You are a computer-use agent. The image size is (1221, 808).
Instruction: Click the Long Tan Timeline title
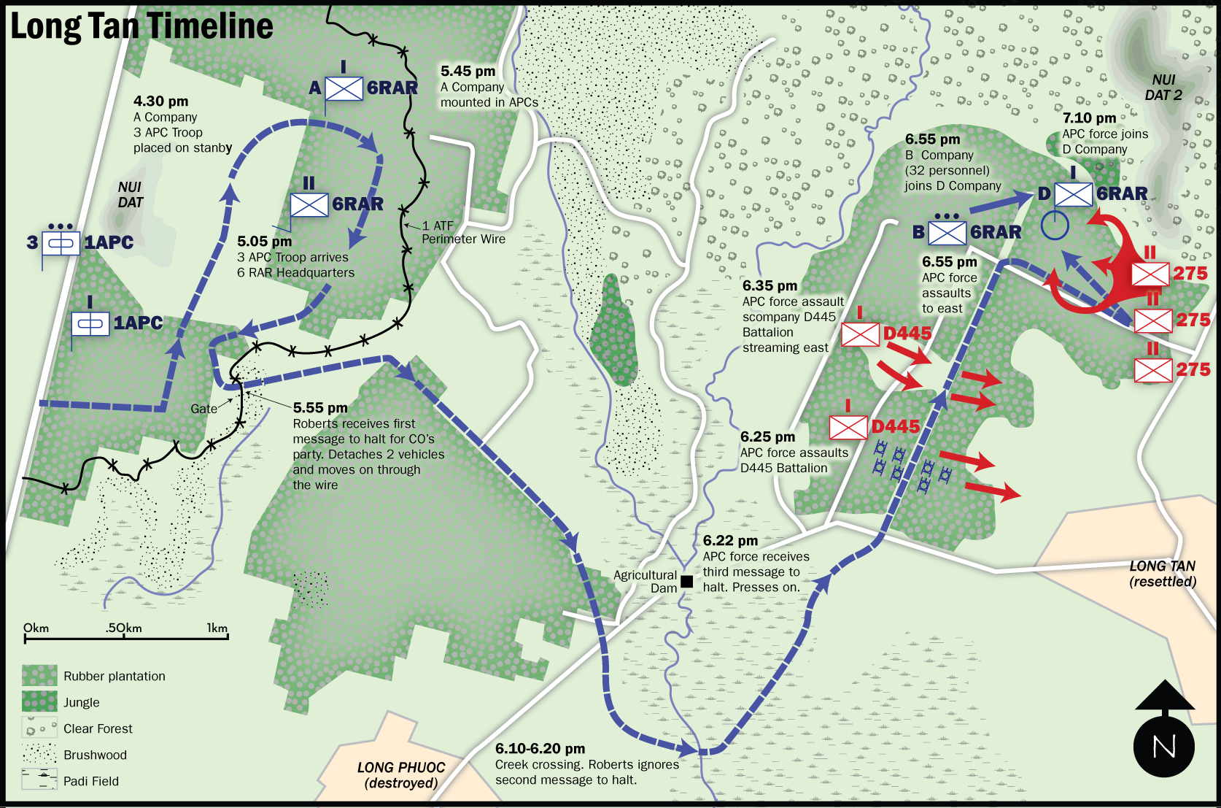(x=142, y=26)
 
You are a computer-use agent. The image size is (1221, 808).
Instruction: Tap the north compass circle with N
(x=1164, y=747)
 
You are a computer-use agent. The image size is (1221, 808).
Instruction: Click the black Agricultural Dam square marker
(x=686, y=582)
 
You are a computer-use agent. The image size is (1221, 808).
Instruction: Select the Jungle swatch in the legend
(x=39, y=702)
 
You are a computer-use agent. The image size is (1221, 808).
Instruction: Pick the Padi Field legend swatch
(x=39, y=780)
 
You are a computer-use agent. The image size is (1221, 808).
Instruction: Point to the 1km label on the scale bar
(x=217, y=628)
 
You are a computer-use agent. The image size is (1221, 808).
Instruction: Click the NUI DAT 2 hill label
(x=1163, y=88)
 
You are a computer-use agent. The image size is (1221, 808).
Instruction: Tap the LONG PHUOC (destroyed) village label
(x=401, y=775)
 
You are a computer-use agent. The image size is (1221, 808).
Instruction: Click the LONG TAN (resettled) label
(x=1163, y=574)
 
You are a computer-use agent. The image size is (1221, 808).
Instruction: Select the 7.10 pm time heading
(x=1089, y=118)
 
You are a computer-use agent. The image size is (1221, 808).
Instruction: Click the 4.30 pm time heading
(x=160, y=101)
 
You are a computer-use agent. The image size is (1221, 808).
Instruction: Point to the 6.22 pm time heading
(x=730, y=541)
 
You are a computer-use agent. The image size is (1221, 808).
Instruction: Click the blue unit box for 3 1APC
(x=61, y=243)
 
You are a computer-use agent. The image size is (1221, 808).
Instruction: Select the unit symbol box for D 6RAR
(x=1074, y=194)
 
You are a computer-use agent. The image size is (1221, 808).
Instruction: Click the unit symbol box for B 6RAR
(x=947, y=233)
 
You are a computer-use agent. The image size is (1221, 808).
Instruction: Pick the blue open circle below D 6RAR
(x=1055, y=226)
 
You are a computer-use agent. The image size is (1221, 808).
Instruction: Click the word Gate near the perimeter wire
(x=204, y=409)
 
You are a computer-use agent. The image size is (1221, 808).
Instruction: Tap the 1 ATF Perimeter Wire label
(x=460, y=232)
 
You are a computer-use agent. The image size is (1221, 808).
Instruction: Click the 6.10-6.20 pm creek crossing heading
(x=540, y=749)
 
